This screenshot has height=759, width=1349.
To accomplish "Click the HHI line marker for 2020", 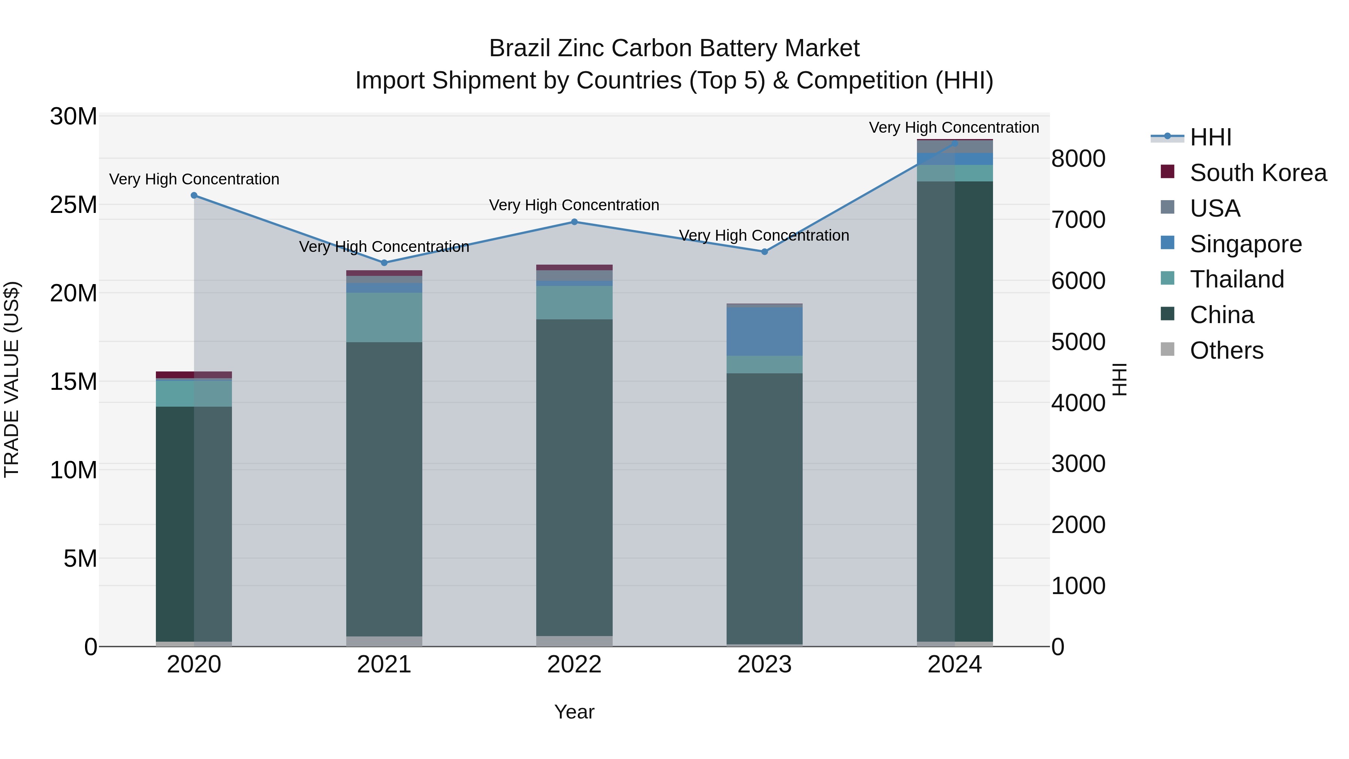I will [x=194, y=195].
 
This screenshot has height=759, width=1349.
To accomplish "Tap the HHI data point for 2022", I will [x=574, y=222].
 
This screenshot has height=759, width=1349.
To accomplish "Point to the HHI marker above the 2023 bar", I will [x=764, y=252].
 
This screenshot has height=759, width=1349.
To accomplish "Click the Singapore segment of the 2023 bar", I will [x=764, y=332].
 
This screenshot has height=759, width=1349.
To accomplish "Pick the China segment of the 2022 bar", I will [x=574, y=477].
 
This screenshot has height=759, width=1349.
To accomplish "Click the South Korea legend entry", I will [x=1258, y=173].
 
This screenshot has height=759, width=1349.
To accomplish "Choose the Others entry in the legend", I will [x=1226, y=350].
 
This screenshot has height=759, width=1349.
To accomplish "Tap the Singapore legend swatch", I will [x=1167, y=243].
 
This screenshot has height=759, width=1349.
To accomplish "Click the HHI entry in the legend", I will [x=1210, y=137].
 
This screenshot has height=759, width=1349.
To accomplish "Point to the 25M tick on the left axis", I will [x=73, y=205].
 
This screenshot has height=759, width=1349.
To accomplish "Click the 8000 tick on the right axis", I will [x=1078, y=159].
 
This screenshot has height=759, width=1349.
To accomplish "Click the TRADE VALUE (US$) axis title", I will [x=12, y=379].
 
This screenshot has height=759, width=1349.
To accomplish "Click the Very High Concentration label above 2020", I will [x=194, y=179].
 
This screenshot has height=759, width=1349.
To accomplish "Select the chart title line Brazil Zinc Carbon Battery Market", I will [x=674, y=48].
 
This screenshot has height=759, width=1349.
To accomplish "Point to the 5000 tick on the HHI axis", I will [x=1078, y=342].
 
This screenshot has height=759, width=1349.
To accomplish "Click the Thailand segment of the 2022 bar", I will [x=574, y=303].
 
